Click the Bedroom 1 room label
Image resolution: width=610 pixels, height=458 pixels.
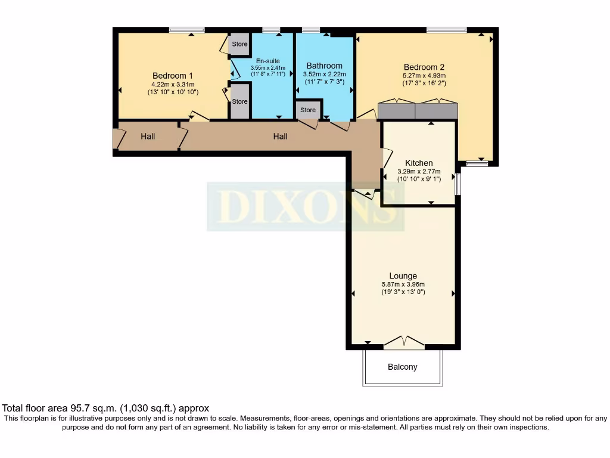[x=173, y=76]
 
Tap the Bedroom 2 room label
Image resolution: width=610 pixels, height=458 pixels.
[x=424, y=67]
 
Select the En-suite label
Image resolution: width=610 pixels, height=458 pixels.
[x=268, y=61]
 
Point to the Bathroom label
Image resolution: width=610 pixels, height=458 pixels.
[x=324, y=66]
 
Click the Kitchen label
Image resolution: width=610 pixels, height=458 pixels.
[x=419, y=163]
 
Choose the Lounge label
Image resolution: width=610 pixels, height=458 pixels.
[x=403, y=276]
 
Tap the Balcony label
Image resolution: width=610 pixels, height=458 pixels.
[x=403, y=367]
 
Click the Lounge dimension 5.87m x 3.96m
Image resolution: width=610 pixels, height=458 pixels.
[x=403, y=284]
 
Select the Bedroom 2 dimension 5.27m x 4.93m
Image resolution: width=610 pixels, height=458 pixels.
[x=424, y=76]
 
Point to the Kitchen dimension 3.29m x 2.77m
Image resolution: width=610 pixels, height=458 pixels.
[x=419, y=172]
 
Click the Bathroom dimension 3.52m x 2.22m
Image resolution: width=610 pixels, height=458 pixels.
[x=324, y=75]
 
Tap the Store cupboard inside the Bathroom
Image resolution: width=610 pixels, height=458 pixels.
[x=308, y=110]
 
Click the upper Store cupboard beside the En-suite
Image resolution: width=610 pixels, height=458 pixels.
[x=239, y=44]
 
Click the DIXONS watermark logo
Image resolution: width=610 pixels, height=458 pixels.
[x=306, y=206]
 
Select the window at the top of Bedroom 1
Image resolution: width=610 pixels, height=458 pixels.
[x=186, y=30]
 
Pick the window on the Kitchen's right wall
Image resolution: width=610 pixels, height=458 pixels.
[x=457, y=184]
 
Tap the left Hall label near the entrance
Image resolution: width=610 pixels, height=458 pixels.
[x=148, y=137]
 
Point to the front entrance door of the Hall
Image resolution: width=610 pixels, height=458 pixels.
[x=117, y=138]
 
